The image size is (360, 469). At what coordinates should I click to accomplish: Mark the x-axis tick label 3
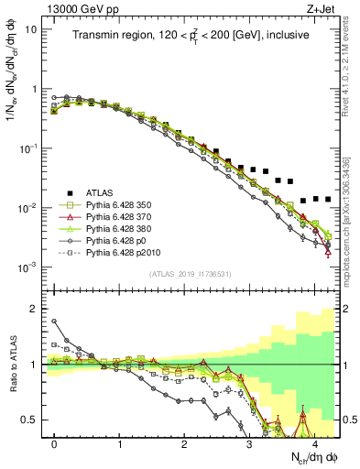point(249,442)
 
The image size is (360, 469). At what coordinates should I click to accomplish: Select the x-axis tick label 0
point(55,442)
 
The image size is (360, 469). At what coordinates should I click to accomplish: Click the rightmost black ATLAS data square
point(328,199)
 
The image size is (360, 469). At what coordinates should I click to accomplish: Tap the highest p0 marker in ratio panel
point(55,321)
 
